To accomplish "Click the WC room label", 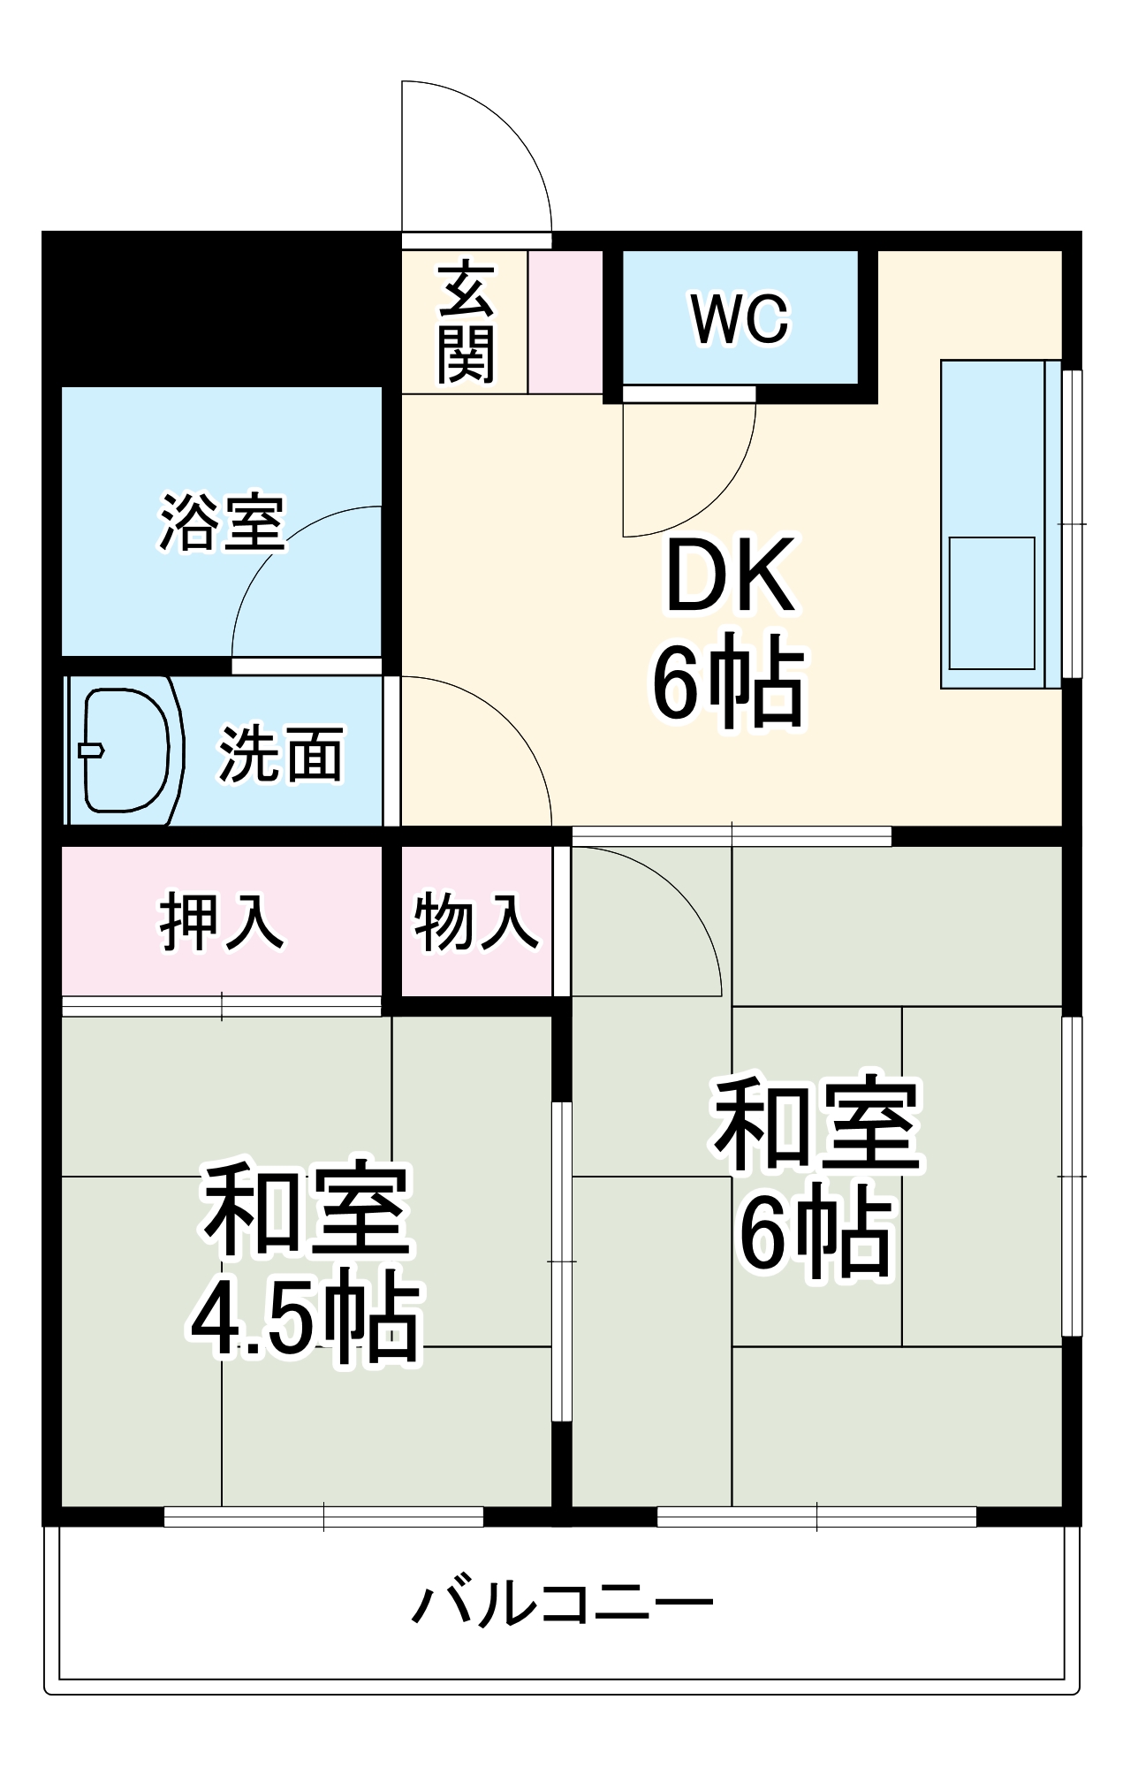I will click(x=740, y=319).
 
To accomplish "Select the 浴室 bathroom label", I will click(x=222, y=522).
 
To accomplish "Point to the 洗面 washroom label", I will click(x=281, y=754).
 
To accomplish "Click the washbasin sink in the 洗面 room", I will click(x=126, y=751).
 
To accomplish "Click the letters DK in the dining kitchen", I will click(x=730, y=577).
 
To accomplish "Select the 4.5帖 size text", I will click(x=306, y=1321).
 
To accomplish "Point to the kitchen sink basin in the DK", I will click(x=991, y=602).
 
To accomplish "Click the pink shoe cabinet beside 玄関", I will click(x=565, y=322).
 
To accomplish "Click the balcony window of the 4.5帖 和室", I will click(x=323, y=1516).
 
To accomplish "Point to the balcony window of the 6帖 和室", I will click(x=816, y=1516).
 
